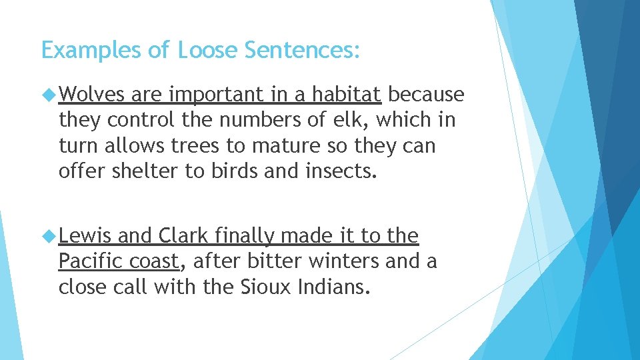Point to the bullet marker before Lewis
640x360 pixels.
[x=49, y=237]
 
